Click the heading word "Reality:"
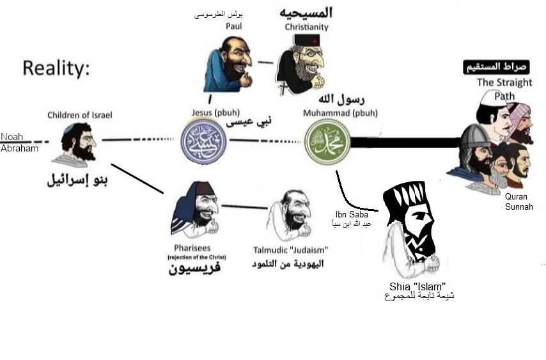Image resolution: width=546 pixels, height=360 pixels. (x=56, y=68)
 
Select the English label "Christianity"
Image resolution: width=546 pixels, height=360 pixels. (x=306, y=27)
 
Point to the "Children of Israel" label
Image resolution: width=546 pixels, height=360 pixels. (x=80, y=115)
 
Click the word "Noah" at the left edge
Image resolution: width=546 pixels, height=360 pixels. (x=11, y=137)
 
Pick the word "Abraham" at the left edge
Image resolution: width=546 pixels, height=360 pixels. (x=19, y=148)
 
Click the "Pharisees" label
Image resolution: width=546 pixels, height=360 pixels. (x=192, y=248)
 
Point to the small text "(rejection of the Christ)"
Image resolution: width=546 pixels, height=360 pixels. (x=198, y=257)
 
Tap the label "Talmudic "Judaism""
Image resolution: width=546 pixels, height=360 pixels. (x=291, y=249)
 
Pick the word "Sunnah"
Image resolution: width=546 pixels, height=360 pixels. (x=519, y=207)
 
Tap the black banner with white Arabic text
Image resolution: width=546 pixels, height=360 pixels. (x=496, y=67)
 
